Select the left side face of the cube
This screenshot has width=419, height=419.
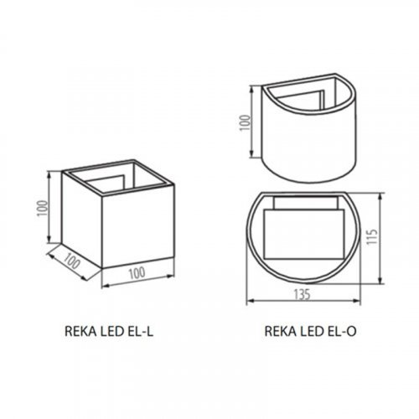point(82,218)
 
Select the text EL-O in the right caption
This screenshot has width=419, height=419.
point(342,331)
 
